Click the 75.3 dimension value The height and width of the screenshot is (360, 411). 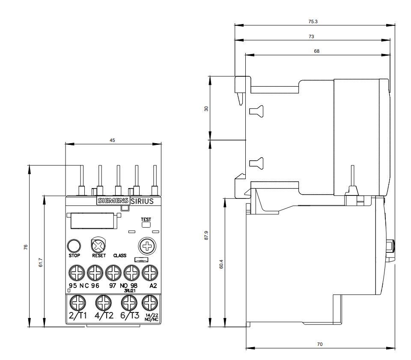[313, 21]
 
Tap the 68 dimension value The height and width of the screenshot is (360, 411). [317, 51]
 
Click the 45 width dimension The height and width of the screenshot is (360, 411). [112, 140]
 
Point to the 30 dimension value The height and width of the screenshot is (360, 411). [207, 109]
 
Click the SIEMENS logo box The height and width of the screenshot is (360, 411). [113, 201]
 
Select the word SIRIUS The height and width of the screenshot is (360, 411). [141, 201]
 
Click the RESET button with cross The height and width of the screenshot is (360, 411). [98, 246]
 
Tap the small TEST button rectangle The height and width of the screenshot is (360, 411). [146, 224]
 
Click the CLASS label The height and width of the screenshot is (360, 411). [120, 255]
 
